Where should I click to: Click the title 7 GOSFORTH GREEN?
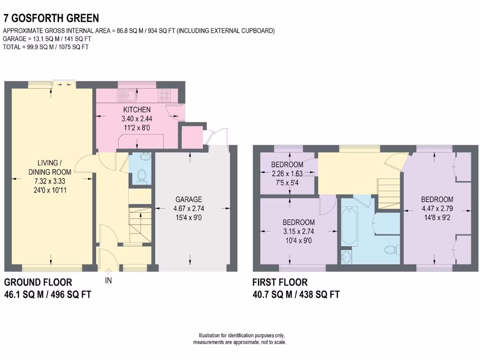coord(51,18)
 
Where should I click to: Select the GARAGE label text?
coord(189,199)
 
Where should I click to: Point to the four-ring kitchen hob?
coord(165,95)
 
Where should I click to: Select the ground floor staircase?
coord(140,224)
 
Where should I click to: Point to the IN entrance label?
coord(109,281)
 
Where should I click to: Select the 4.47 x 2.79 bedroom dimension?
coord(436,208)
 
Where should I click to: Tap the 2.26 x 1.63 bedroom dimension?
coord(287,173)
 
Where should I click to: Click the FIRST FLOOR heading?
coord(280,282)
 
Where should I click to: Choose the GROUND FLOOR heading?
coord(38,282)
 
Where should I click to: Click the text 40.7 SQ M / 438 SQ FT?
coord(296,294)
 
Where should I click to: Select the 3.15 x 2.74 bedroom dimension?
coord(298,231)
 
